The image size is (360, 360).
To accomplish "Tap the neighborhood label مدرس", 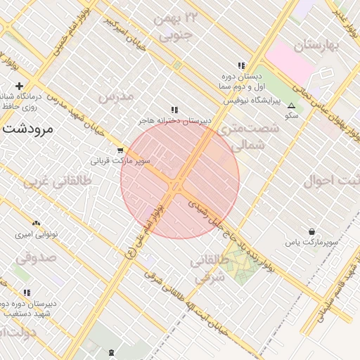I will pos(115,96).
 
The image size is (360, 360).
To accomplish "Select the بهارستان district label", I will pos(317,46).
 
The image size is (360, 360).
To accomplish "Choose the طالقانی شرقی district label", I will pos(208,269).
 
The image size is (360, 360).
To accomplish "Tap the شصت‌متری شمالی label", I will pos(249,136).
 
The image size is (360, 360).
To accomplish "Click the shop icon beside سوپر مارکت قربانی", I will pos(120,150).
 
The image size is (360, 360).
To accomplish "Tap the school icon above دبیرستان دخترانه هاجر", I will pos(174,110).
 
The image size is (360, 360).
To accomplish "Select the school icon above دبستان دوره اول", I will pos(241,65).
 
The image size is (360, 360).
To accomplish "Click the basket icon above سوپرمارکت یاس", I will pos(311,231).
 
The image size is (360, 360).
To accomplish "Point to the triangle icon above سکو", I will pos(292,105).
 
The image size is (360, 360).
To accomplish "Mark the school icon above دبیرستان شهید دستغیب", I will pos(27,292).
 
